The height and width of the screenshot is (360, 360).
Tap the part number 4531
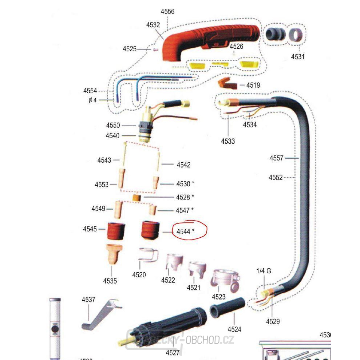tap(298, 56)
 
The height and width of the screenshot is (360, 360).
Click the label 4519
tap(253, 85)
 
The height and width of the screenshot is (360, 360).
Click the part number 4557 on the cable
tap(276, 158)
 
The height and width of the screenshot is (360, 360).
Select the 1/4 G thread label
tap(264, 271)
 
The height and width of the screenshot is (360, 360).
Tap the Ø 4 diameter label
tap(92, 100)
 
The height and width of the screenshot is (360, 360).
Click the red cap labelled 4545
tap(116, 230)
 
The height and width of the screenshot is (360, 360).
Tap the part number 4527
tap(173, 352)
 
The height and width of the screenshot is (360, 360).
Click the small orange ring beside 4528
tap(137, 197)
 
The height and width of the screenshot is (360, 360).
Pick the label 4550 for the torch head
tap(113, 125)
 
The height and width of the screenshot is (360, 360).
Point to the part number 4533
tap(228, 141)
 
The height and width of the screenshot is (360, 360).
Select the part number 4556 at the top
tap(168, 11)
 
